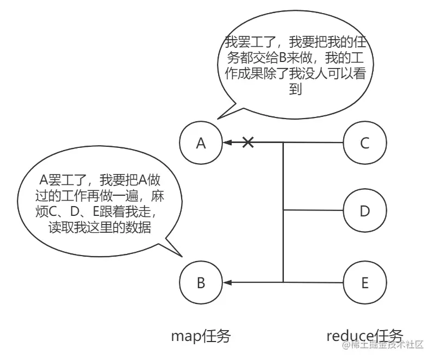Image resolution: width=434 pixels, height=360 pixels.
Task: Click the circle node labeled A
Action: coord(201,143)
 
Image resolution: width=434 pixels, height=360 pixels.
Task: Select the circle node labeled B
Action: coord(201,282)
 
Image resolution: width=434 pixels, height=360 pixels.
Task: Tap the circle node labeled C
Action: coord(365,143)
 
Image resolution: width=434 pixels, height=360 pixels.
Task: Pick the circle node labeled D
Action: coord(365,211)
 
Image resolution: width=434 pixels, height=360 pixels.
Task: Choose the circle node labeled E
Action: coord(365,282)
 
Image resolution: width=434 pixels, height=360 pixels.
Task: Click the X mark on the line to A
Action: coord(248,142)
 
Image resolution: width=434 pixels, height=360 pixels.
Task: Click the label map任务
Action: coord(201,337)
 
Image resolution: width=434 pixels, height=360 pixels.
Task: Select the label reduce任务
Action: coord(365,336)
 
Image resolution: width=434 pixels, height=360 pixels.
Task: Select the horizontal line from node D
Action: coord(313,210)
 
